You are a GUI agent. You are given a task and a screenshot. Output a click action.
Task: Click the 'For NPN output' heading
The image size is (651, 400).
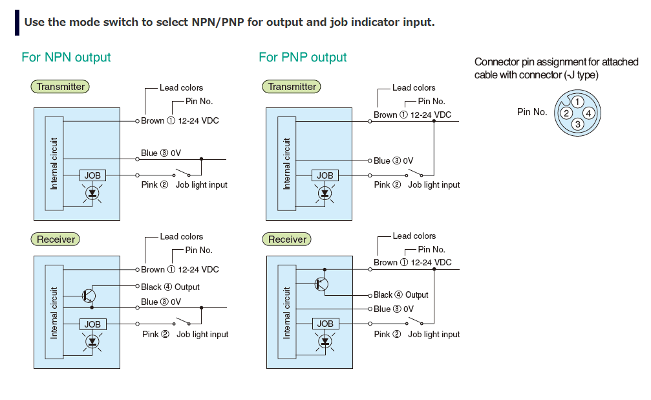point(66,58)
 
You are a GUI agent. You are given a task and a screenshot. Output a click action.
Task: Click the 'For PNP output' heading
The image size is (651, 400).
point(303,58)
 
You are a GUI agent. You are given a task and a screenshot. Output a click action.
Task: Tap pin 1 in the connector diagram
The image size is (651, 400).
point(577,102)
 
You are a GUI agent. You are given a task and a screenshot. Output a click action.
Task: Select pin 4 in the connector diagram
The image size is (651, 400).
point(588,113)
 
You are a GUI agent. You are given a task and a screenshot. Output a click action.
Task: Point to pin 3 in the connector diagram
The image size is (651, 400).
point(577,124)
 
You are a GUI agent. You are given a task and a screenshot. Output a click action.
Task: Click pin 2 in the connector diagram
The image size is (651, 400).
point(566,113)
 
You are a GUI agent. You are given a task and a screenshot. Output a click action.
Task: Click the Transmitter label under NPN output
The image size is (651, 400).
point(60,87)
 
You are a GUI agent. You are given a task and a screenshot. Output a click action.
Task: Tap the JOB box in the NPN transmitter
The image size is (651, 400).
point(92,175)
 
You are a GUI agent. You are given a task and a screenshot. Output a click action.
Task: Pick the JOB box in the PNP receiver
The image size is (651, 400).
point(325,324)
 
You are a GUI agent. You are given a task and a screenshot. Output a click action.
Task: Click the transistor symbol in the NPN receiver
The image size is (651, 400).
point(89,296)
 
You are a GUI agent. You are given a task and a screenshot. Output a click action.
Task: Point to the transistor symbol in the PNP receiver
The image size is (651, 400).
point(321,283)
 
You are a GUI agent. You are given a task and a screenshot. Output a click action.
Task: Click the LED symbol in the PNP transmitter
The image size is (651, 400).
point(325,192)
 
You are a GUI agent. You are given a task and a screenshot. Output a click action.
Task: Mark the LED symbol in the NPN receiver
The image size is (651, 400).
point(92,340)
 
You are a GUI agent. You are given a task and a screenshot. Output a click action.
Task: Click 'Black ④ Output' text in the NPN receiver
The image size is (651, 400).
point(170,287)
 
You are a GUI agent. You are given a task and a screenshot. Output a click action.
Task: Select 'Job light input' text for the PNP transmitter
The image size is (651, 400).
point(434,185)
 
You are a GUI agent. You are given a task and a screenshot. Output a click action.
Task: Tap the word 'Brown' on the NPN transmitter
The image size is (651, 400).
point(153,121)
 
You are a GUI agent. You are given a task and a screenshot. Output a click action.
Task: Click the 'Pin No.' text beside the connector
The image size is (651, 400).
point(532,112)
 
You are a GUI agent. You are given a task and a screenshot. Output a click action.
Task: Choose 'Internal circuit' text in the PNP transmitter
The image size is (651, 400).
point(287,163)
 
